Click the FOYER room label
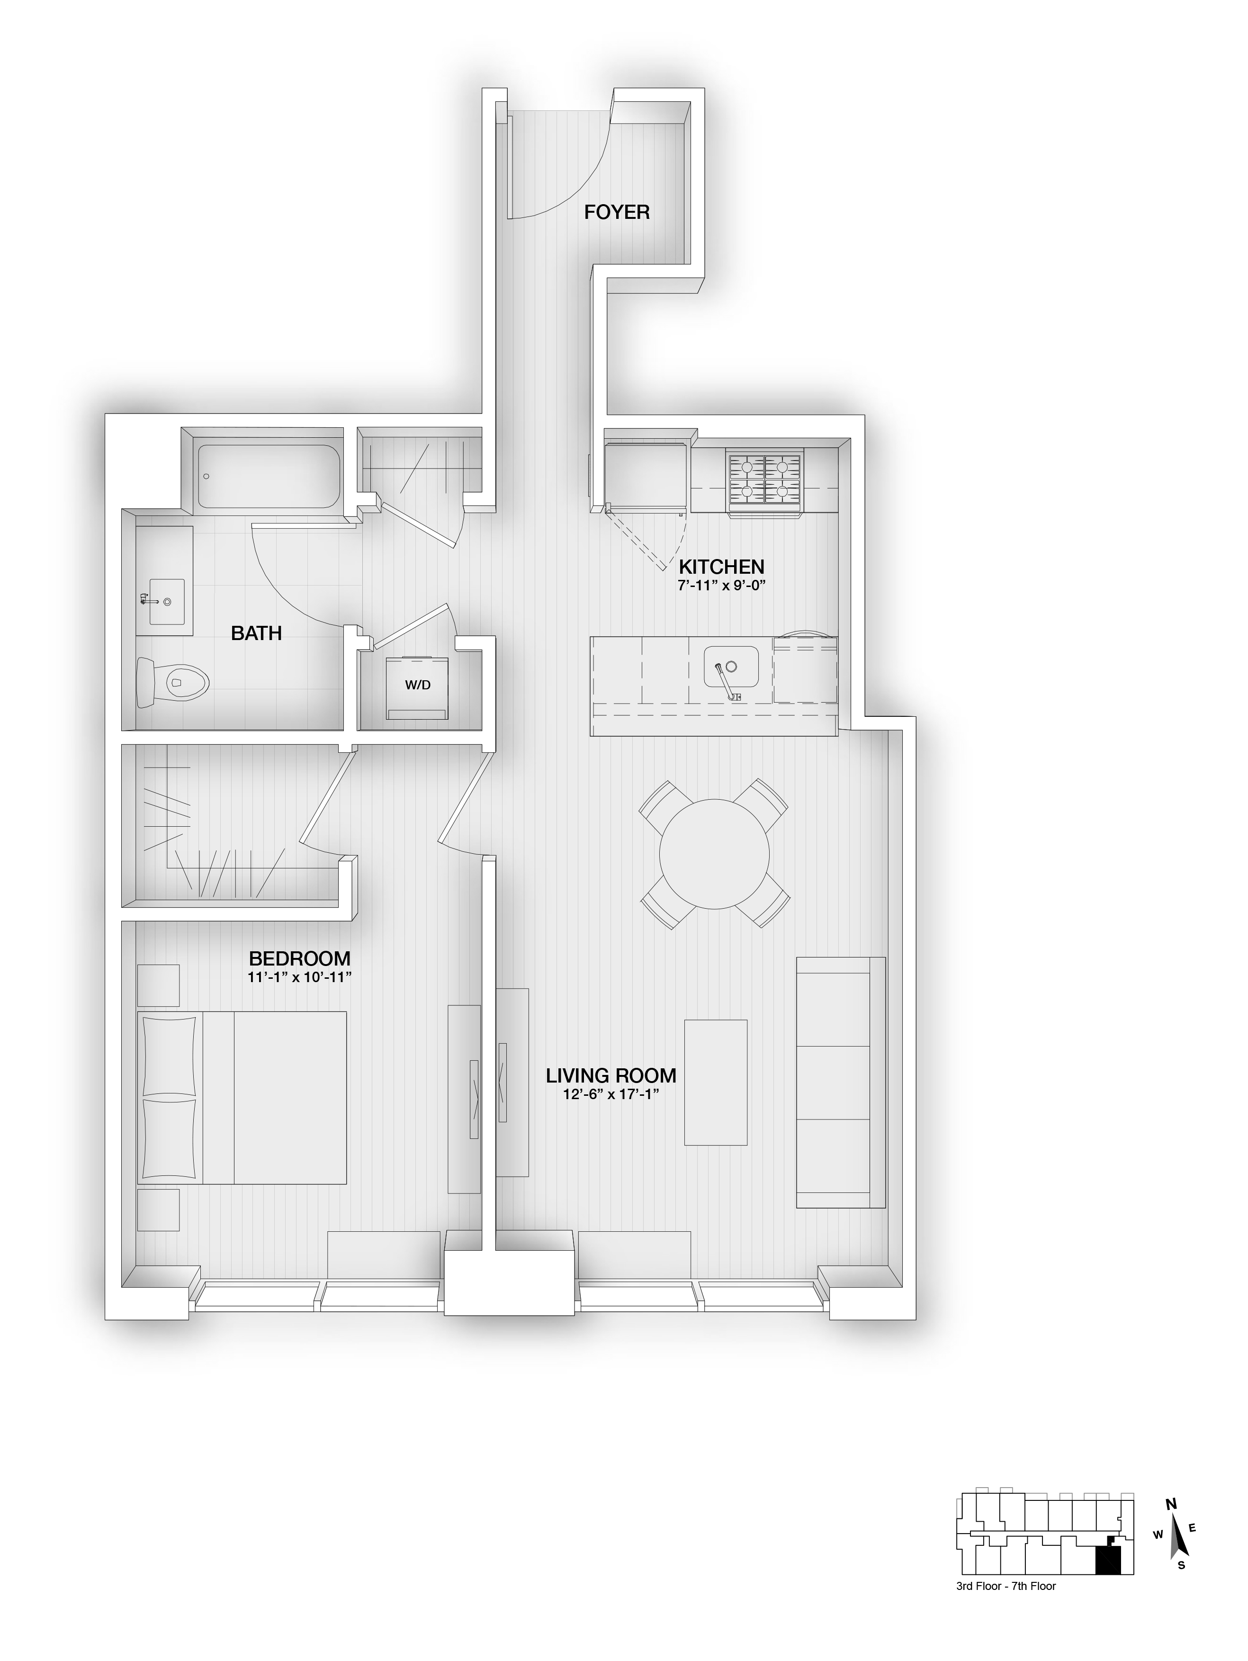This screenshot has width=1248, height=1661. [x=617, y=213]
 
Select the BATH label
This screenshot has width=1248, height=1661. [x=256, y=633]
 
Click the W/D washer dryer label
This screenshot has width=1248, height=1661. [x=418, y=685]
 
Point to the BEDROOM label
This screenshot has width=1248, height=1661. [x=300, y=959]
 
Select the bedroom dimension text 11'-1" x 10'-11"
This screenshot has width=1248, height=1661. [x=300, y=977]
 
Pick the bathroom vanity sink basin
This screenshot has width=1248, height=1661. [x=166, y=601]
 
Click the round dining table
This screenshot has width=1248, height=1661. [x=714, y=853]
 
